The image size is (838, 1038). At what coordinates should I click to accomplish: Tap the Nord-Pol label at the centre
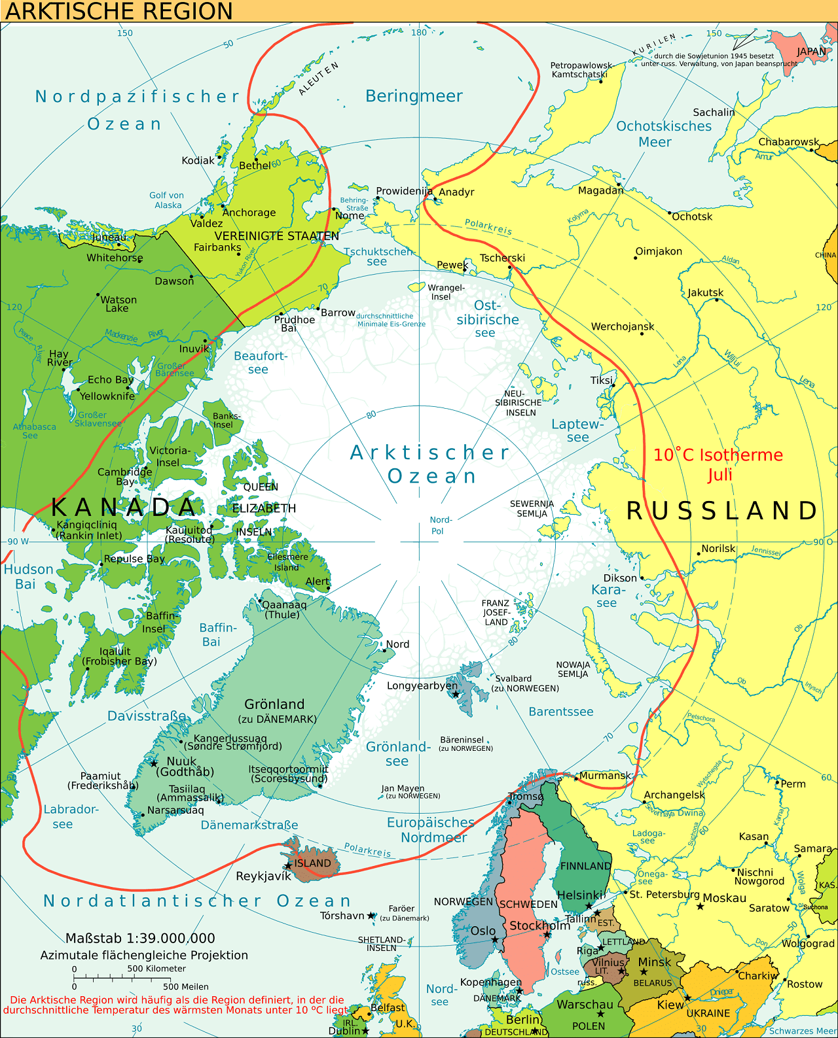click(x=441, y=525)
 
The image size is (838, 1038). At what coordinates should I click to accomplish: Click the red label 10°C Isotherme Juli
click(x=718, y=464)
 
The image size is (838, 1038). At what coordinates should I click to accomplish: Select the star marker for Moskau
click(x=700, y=906)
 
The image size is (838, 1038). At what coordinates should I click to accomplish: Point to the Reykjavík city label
click(x=263, y=876)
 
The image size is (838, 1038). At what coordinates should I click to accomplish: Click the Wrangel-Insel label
click(x=446, y=292)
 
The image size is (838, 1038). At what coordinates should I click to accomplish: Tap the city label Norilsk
click(x=718, y=549)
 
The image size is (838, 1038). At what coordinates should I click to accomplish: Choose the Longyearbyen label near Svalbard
click(x=422, y=685)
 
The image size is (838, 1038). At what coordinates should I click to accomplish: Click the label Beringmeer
click(x=414, y=96)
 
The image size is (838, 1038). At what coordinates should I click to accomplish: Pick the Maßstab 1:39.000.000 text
click(x=140, y=939)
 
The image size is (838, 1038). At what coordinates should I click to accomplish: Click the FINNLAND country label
click(x=585, y=866)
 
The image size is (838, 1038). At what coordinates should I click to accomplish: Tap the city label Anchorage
click(x=249, y=213)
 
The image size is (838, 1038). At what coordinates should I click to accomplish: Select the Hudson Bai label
click(x=28, y=576)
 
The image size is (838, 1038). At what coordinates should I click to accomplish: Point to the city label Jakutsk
click(x=705, y=292)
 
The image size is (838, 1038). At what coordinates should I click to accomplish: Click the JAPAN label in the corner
click(x=811, y=52)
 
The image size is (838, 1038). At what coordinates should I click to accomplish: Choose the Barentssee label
click(x=561, y=712)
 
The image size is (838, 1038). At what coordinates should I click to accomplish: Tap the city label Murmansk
click(x=604, y=776)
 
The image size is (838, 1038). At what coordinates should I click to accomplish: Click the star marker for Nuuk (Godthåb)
click(x=154, y=763)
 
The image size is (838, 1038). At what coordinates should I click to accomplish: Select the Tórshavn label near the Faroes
click(x=342, y=916)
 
